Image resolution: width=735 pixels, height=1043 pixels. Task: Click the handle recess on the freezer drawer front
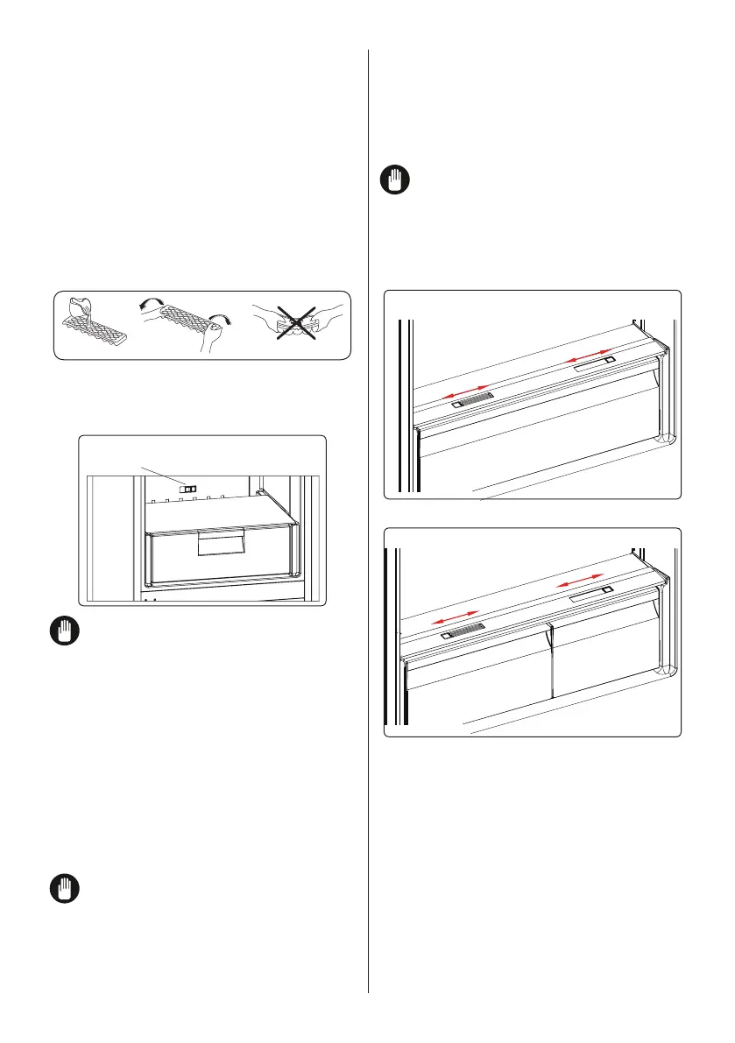[221, 546]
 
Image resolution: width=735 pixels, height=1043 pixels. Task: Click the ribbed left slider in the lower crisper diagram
[465, 632]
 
